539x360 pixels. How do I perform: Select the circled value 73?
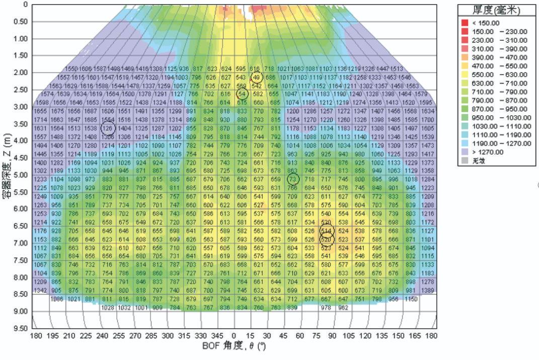click(x=293, y=179)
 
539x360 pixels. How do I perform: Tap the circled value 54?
click(x=243, y=94)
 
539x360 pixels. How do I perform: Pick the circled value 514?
click(x=327, y=231)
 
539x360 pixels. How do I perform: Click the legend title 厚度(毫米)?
click(x=497, y=10)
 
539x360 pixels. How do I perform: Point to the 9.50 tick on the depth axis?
click(x=19, y=328)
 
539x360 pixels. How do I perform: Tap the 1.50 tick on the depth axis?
click(x=19, y=55)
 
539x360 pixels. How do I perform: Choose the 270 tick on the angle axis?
click(x=135, y=336)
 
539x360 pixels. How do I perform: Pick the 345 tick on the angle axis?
click(x=217, y=336)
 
